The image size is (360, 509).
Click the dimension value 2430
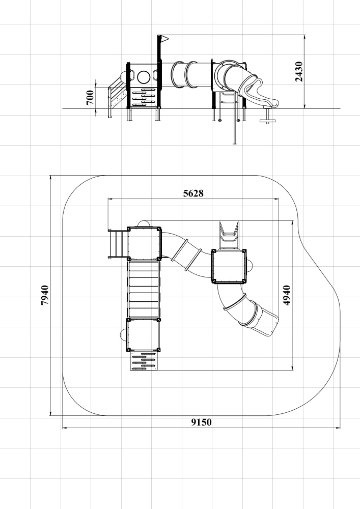(299, 72)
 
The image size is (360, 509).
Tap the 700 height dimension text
(90, 97)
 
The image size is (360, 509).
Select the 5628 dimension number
(193, 193)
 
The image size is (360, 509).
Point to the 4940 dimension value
(287, 295)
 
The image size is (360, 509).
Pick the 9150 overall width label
(201, 422)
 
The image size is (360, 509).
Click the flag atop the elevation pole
(164, 39)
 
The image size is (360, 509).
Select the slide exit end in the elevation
(271, 101)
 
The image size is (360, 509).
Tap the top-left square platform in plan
(144, 243)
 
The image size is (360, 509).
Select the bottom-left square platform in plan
(143, 335)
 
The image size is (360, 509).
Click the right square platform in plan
(229, 266)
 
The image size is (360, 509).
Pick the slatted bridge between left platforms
(144, 289)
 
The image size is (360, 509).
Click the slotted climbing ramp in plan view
(144, 361)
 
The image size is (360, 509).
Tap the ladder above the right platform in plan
(229, 235)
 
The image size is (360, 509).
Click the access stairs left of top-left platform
(117, 244)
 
